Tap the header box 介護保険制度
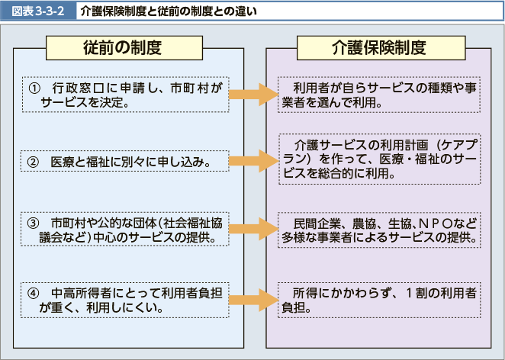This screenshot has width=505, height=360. (x=378, y=47)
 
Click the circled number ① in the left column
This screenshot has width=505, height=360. (x=33, y=88)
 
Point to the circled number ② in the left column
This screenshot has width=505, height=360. (x=33, y=162)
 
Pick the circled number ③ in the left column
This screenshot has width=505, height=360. (x=33, y=223)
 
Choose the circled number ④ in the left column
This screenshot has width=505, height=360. (x=33, y=294)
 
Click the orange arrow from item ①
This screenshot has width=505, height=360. (x=252, y=94)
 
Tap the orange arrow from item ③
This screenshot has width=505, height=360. (x=252, y=228)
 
